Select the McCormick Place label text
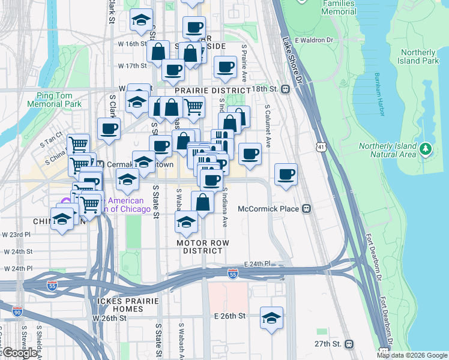(268, 209)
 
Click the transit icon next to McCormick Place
(306, 209)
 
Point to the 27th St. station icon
(349, 344)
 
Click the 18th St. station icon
(286, 89)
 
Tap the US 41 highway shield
(322, 146)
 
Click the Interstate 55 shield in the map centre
(233, 274)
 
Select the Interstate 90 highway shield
(17, 311)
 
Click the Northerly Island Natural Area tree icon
(426, 148)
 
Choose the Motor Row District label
(203, 246)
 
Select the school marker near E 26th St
(271, 318)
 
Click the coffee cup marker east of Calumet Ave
(286, 175)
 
